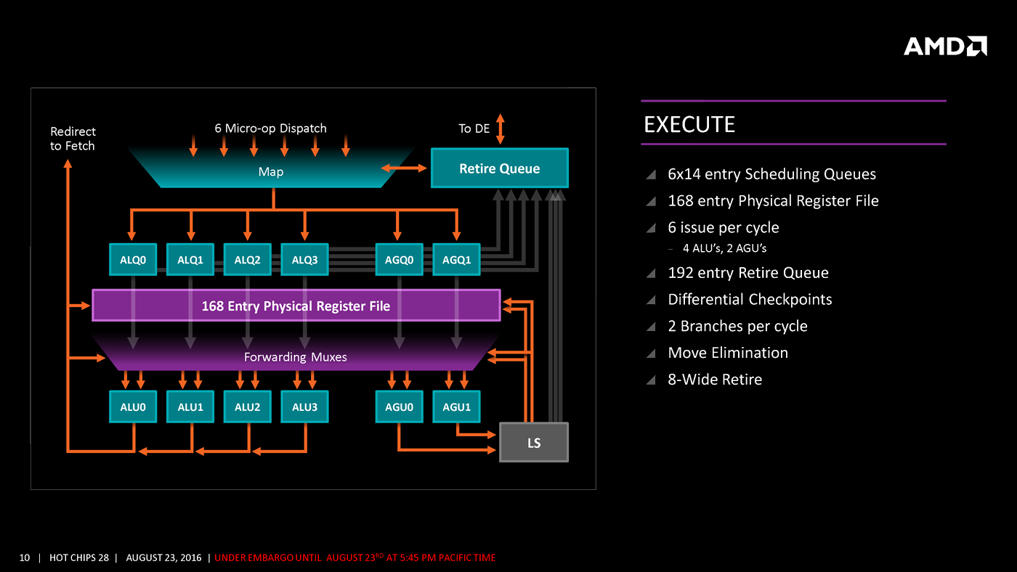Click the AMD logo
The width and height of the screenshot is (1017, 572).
[944, 46]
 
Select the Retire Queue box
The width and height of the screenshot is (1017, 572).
[499, 168]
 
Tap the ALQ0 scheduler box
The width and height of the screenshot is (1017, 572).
[133, 259]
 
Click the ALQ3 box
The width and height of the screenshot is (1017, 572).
[304, 259]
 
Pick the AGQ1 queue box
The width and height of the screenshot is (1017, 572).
[456, 259]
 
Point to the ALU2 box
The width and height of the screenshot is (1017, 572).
[247, 407]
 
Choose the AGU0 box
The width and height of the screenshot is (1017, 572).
[399, 407]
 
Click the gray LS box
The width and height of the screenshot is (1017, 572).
[534, 442]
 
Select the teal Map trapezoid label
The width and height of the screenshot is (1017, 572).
[271, 172]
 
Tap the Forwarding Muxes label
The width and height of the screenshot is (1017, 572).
[295, 357]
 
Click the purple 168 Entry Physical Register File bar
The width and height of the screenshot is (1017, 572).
[296, 306]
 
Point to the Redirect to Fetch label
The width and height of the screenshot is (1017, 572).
[73, 139]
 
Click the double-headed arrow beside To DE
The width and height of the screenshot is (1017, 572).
[500, 128]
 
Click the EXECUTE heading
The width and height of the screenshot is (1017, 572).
[689, 125]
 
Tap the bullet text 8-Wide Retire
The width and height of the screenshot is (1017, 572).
[715, 379]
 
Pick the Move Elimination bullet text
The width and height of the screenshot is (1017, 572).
[728, 353]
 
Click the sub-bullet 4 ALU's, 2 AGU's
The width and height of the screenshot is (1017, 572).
[724, 248]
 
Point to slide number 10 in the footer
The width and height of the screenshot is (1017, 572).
[25, 557]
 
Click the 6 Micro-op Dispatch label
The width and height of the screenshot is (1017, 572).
[270, 128]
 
